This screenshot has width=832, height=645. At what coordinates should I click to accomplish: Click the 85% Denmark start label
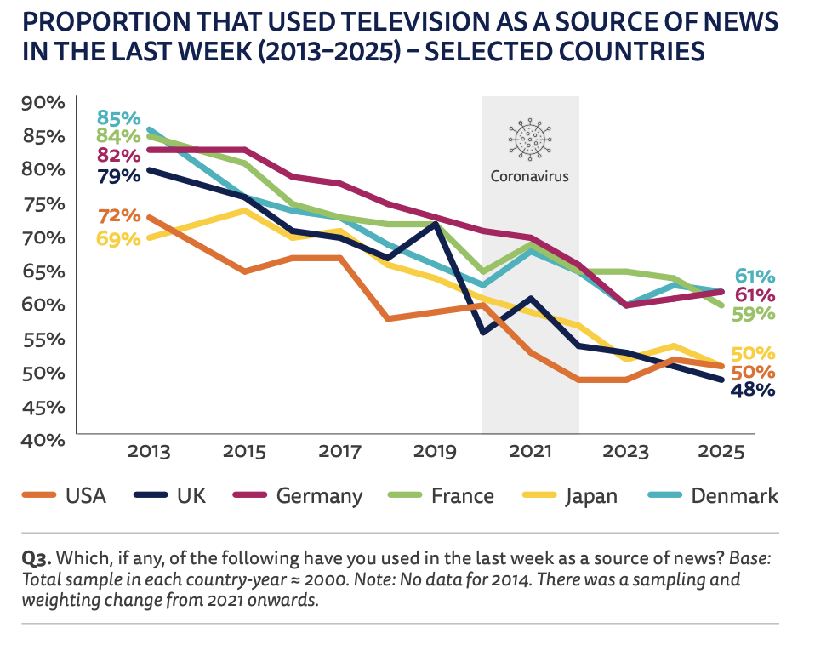(x=118, y=117)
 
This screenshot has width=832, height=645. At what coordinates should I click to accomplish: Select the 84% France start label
(x=118, y=136)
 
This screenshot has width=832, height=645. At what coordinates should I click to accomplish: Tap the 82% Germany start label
(x=118, y=156)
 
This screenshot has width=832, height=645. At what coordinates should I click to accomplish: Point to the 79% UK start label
(x=118, y=176)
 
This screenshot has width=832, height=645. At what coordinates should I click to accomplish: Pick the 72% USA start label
(x=118, y=215)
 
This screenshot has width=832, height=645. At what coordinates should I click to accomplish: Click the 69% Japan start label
(x=118, y=238)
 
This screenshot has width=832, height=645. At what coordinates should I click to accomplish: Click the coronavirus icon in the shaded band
(x=530, y=139)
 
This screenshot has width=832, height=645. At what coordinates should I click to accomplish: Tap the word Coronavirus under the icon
(x=530, y=177)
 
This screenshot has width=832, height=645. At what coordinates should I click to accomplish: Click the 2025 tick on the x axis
(x=721, y=452)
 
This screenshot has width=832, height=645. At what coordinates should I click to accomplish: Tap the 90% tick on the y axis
(x=42, y=103)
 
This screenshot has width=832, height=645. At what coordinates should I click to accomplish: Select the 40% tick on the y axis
(x=42, y=440)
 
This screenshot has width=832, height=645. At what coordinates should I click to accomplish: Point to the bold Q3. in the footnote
(x=37, y=560)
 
